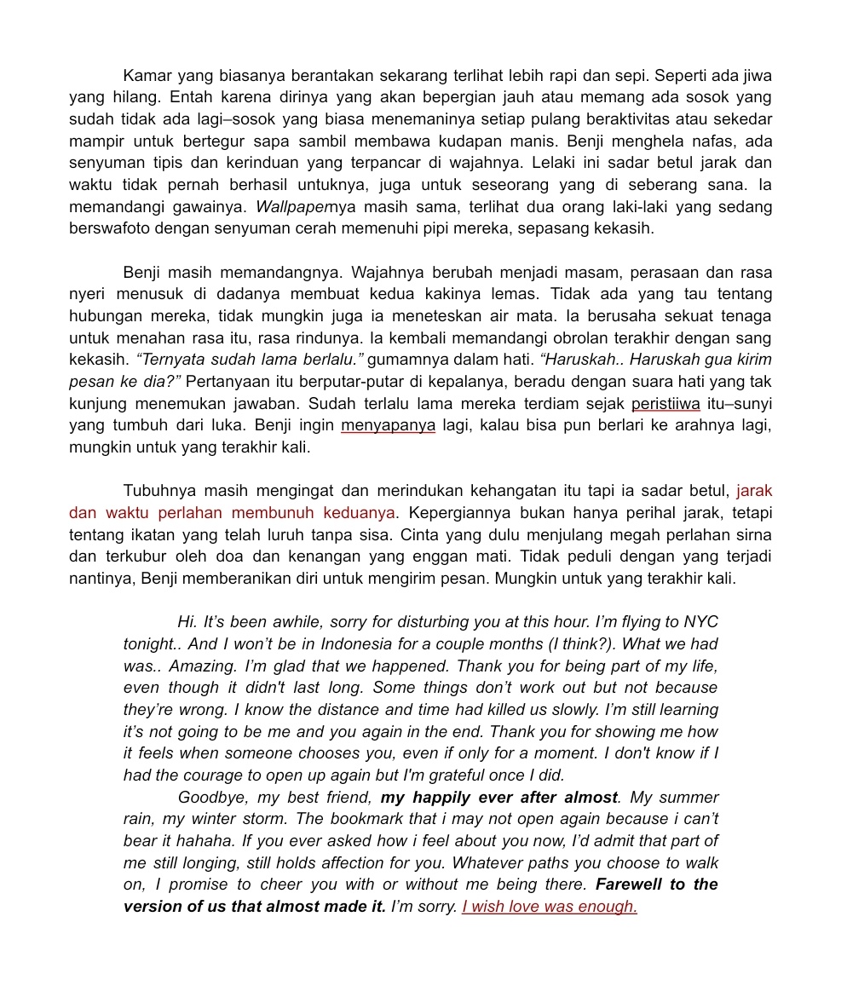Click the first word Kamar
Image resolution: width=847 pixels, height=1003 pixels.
(147, 76)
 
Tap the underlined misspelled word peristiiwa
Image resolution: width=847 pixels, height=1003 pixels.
(665, 403)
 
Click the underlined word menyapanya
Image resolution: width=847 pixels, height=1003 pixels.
(388, 425)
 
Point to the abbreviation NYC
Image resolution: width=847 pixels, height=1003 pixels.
(700, 622)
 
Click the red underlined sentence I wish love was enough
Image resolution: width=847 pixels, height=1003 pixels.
(549, 907)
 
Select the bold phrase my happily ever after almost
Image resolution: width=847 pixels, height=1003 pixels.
(498, 798)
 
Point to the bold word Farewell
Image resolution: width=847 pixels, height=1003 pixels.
(631, 885)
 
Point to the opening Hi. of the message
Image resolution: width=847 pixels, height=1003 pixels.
(187, 622)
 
